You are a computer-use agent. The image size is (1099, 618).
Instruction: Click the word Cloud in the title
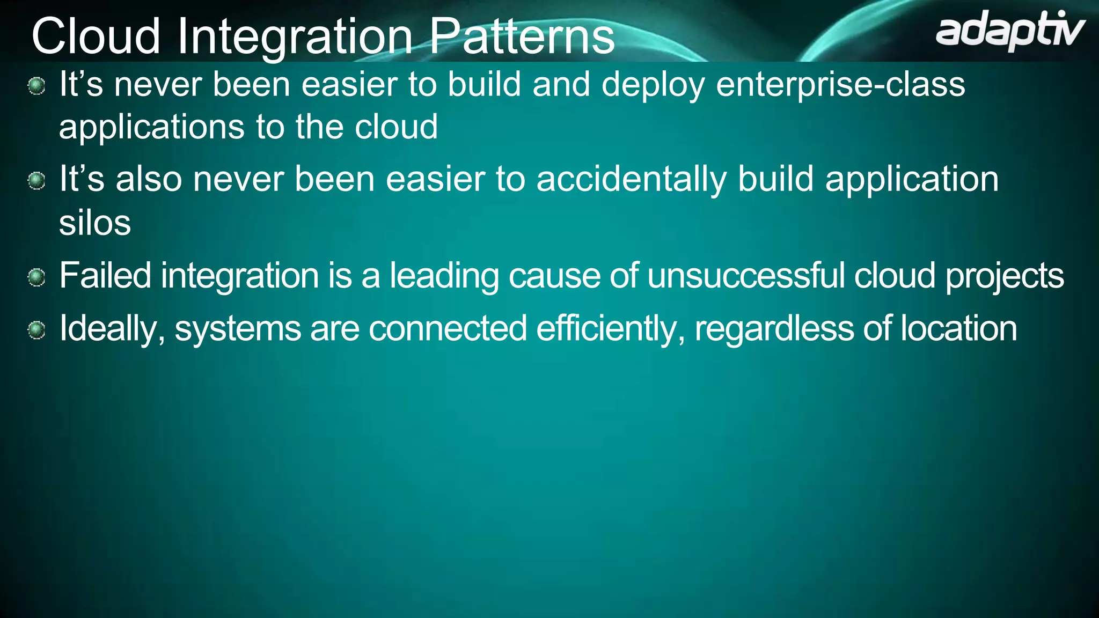[x=96, y=36]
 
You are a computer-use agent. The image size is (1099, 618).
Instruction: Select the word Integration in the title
[x=295, y=36]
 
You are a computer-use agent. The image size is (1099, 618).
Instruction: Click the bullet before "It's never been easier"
[x=36, y=86]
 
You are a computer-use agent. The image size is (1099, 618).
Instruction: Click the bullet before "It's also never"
[x=36, y=181]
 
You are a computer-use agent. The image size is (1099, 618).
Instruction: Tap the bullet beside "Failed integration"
[x=36, y=277]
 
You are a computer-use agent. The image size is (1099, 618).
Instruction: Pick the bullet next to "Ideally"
[x=36, y=329]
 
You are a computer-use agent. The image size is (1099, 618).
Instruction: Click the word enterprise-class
[x=840, y=85]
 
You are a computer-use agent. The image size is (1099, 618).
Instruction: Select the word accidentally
[x=631, y=180]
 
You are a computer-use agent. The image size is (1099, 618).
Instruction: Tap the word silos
[x=95, y=223]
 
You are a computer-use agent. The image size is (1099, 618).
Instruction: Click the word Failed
[x=105, y=276]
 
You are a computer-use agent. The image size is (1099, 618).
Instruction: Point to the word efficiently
[x=610, y=329]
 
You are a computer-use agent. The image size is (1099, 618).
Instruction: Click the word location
[x=958, y=328]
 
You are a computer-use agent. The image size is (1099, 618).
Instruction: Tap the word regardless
[x=774, y=329]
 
